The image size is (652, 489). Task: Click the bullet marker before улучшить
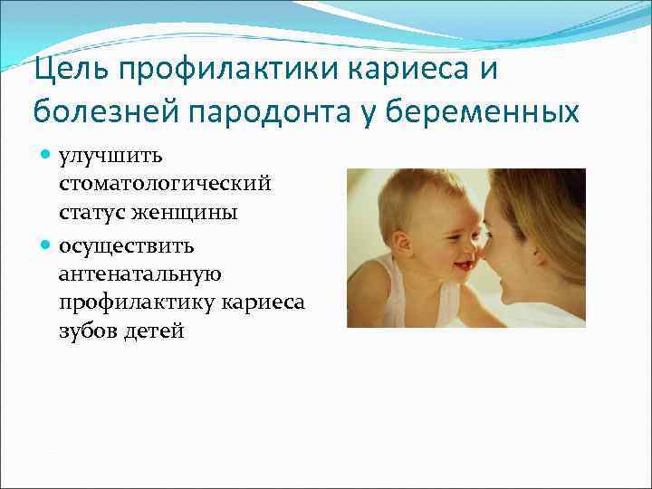[x=47, y=158]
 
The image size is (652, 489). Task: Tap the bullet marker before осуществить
[x=47, y=245]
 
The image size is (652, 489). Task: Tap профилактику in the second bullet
[x=132, y=303]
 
